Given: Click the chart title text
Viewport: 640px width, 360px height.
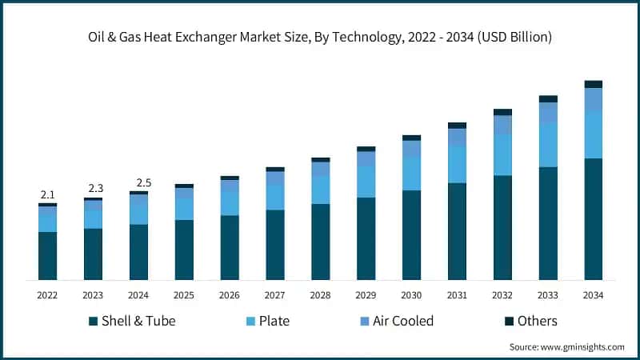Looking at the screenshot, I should (320, 37).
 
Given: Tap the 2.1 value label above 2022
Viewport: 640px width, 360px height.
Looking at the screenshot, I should (47, 195).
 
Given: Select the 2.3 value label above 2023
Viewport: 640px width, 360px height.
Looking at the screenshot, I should (94, 188).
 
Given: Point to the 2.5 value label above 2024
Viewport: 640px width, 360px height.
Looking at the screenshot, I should (138, 182).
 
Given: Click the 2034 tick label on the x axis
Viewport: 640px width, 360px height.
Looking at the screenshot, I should (593, 295).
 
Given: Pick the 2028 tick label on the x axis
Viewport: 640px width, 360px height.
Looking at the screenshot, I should (320, 295).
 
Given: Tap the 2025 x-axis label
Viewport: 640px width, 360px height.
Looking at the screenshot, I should (184, 295).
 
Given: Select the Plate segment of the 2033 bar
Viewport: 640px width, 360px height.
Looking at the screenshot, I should (548, 145).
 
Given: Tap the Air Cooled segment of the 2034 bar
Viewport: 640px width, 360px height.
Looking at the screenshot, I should (593, 99).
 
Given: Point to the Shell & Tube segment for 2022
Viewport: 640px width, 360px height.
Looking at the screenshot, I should (47, 255).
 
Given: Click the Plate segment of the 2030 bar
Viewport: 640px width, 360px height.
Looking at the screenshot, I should (411, 173).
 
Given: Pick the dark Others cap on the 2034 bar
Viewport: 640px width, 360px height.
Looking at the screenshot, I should (593, 84).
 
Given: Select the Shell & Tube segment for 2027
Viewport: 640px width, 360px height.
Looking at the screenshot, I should (275, 244).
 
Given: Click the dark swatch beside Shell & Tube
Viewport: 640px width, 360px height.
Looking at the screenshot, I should (93, 321).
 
